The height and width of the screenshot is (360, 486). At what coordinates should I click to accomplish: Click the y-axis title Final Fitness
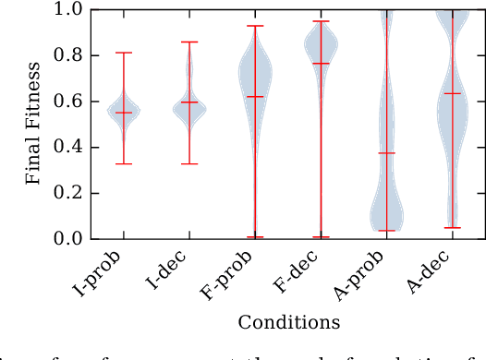pos(33,124)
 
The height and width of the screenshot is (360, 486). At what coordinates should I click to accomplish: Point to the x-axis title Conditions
pos(288,322)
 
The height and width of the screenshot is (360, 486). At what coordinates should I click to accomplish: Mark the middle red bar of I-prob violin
pos(123,113)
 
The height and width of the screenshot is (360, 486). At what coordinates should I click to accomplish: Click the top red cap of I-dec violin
pos(189,42)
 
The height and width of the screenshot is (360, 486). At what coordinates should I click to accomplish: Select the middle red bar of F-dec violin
pos(321,63)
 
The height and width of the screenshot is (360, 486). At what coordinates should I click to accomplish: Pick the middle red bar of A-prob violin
pos(386,153)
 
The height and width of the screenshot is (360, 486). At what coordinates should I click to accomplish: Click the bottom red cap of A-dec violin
pos(452,227)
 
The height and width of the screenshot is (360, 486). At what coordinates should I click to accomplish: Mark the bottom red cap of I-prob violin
pos(123,163)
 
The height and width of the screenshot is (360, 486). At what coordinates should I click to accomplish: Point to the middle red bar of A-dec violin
pos(452,93)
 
